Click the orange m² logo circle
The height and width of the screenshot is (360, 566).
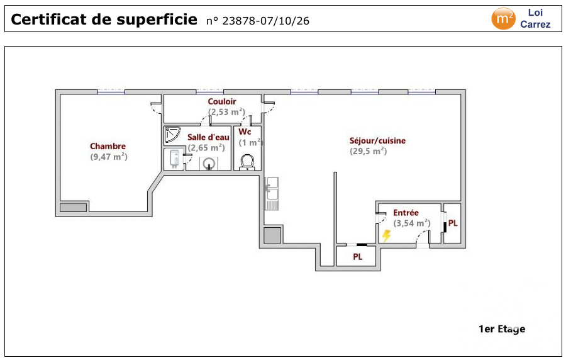click(x=503, y=18)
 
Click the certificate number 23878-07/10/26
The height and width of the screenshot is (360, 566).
click(x=265, y=21)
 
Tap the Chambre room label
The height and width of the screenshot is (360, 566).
click(x=108, y=146)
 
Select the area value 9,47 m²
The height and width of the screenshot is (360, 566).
click(x=109, y=157)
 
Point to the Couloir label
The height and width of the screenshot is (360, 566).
click(x=222, y=101)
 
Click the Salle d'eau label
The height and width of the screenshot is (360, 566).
click(x=208, y=137)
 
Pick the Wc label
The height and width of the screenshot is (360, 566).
click(x=245, y=132)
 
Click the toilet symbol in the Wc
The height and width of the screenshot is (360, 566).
click(x=247, y=162)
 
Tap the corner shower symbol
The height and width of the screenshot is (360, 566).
click(x=172, y=134)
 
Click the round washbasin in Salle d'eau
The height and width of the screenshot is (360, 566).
click(x=209, y=164)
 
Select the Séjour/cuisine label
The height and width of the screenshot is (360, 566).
click(x=377, y=141)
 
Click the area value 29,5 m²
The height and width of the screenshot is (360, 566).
click(x=368, y=151)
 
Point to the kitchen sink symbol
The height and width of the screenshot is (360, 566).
click(x=272, y=193)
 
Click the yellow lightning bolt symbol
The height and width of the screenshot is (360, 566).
click(x=387, y=235)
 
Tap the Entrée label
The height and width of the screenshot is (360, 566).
click(x=406, y=213)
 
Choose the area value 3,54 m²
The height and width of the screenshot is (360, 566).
click(x=412, y=223)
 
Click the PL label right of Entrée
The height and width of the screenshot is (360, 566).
click(x=453, y=223)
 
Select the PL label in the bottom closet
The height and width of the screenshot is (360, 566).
click(x=357, y=257)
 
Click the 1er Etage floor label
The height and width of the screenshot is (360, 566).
click(x=502, y=329)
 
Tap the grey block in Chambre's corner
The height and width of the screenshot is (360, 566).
click(x=74, y=207)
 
